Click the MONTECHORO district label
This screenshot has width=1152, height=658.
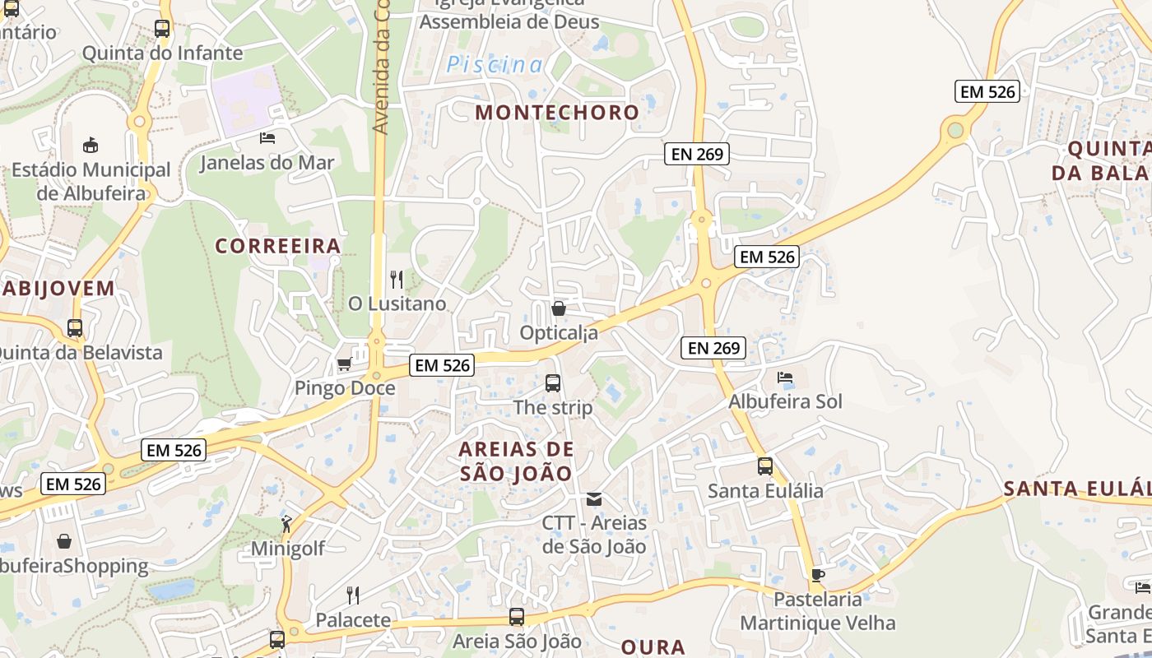(x=557, y=112)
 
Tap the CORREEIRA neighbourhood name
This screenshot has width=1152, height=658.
(x=278, y=246)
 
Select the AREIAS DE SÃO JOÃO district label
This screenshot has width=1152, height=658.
(x=516, y=461)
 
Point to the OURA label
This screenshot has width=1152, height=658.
(x=653, y=647)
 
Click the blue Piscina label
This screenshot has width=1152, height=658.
(x=495, y=65)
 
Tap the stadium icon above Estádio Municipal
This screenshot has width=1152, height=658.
(x=91, y=146)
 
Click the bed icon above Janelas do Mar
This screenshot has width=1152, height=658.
(x=267, y=137)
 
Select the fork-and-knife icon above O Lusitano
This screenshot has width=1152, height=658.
(x=397, y=280)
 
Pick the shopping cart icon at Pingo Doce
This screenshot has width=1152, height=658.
(x=344, y=364)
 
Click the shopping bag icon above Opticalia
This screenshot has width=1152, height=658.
(x=559, y=308)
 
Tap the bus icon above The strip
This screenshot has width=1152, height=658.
(x=553, y=382)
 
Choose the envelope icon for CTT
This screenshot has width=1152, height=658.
(x=594, y=499)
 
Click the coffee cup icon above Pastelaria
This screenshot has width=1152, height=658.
(x=817, y=575)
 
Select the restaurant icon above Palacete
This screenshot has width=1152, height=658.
(x=353, y=595)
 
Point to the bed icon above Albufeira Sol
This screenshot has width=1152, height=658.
(x=785, y=378)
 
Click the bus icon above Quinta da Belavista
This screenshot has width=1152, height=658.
(x=75, y=328)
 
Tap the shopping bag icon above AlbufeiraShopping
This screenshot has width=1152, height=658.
(x=64, y=541)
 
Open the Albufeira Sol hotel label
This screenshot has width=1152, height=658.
(x=786, y=401)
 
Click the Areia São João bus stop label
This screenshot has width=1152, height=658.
(x=518, y=641)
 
